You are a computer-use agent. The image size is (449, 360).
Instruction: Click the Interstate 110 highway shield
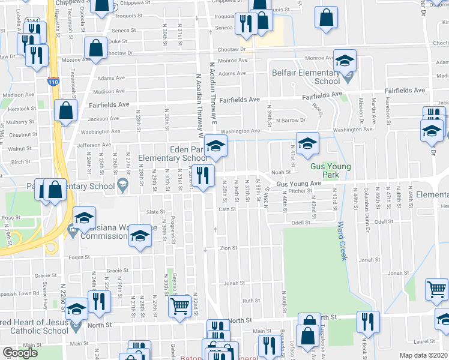[x=54, y=82]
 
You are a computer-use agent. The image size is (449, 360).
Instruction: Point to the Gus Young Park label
[x=331, y=170]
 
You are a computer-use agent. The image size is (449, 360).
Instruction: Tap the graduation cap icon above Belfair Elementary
[x=345, y=61]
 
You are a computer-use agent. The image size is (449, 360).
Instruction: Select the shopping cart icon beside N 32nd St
[x=180, y=307]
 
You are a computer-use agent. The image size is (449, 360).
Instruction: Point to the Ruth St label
[x=250, y=300]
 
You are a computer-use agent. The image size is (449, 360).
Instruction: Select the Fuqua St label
[x=79, y=257]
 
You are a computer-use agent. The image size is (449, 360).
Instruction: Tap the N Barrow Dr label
[x=291, y=120]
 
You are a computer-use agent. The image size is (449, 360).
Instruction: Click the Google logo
[x=20, y=353]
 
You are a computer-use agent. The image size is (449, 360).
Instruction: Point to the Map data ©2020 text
[x=424, y=355]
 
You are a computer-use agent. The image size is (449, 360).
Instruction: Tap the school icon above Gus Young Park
[x=307, y=144]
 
